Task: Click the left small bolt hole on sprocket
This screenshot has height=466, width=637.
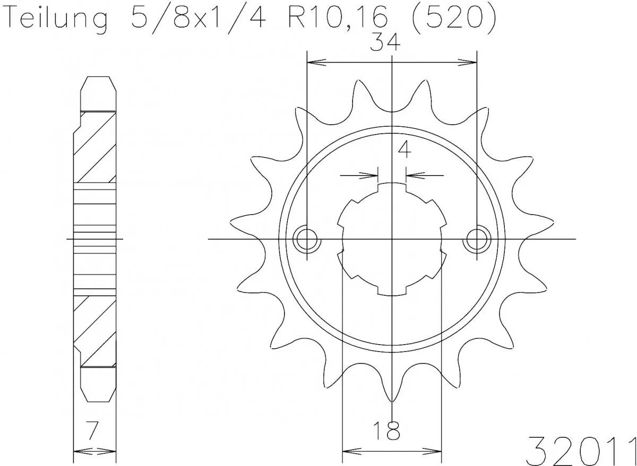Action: (x=307, y=240)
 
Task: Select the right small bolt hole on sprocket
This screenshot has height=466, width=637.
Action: (x=477, y=240)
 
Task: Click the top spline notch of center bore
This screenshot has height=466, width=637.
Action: (x=392, y=187)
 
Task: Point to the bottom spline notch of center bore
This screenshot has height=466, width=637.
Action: (x=392, y=291)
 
